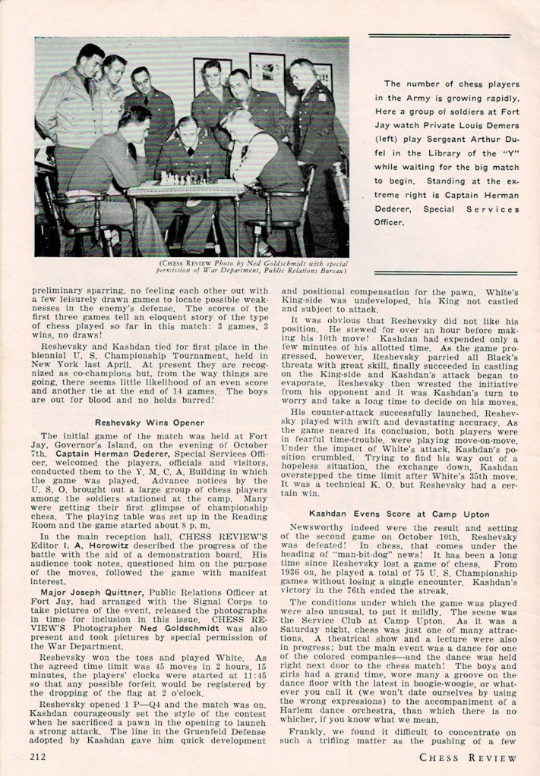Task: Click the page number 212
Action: pos(40,756)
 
